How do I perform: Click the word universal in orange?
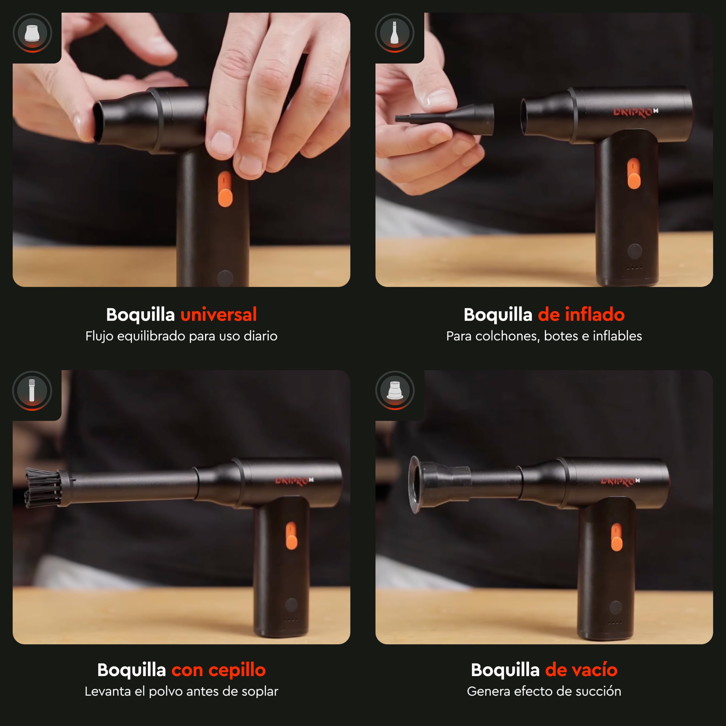(219, 315)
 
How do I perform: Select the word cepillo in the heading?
(237, 670)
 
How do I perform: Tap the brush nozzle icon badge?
(32, 391)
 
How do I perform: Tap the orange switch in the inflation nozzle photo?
(634, 173)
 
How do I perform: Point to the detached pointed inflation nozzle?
(444, 119)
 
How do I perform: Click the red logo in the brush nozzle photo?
(294, 481)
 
